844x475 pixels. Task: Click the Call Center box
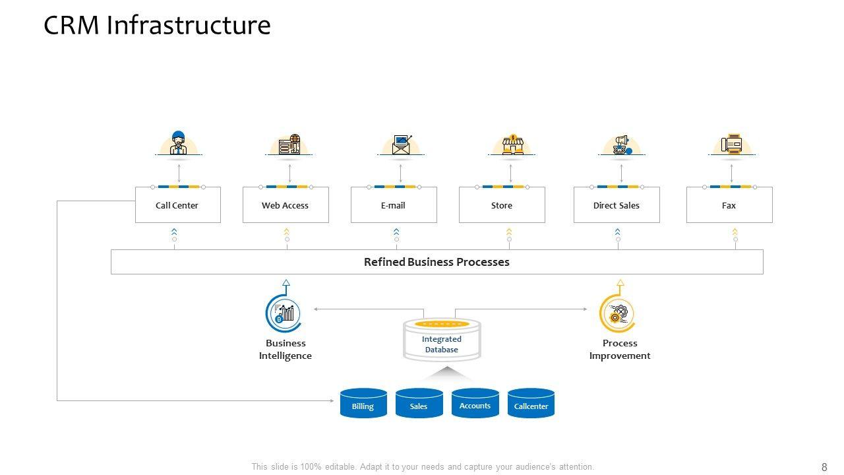click(177, 205)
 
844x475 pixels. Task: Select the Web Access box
click(286, 205)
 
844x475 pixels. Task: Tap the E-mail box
click(393, 205)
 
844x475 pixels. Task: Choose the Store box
click(502, 205)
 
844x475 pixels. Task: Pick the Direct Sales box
click(617, 205)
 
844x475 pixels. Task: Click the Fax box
click(729, 205)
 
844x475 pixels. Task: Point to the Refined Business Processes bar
click(437, 262)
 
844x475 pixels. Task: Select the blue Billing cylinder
click(363, 404)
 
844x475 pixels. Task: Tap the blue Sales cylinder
click(419, 404)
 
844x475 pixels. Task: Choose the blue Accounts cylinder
click(475, 404)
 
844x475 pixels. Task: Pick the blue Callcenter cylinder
click(531, 404)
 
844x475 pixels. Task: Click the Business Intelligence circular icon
click(284, 313)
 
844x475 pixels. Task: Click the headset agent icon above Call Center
click(179, 143)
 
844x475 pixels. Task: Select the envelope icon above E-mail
click(401, 144)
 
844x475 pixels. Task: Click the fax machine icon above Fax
click(731, 144)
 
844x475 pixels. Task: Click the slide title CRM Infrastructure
click(157, 25)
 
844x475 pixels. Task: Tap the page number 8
click(824, 467)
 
